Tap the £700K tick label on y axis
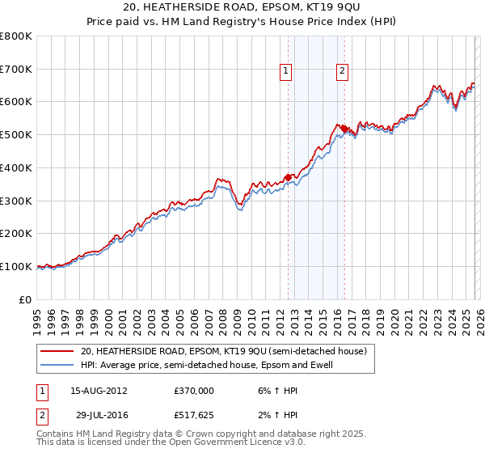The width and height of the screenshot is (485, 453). pyautogui.click(x=16, y=70)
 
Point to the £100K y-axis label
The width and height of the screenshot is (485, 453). pyautogui.click(x=16, y=266)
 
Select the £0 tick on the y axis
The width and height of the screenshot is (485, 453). pyautogui.click(x=26, y=299)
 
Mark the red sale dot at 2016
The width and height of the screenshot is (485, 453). pyautogui.click(x=344, y=128)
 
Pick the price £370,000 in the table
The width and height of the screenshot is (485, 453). pyautogui.click(x=194, y=390)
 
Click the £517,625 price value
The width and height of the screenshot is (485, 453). pyautogui.click(x=194, y=415)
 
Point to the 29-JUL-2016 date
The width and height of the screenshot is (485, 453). pyautogui.click(x=98, y=415)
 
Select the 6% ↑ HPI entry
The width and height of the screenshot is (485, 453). pyautogui.click(x=269, y=390)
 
